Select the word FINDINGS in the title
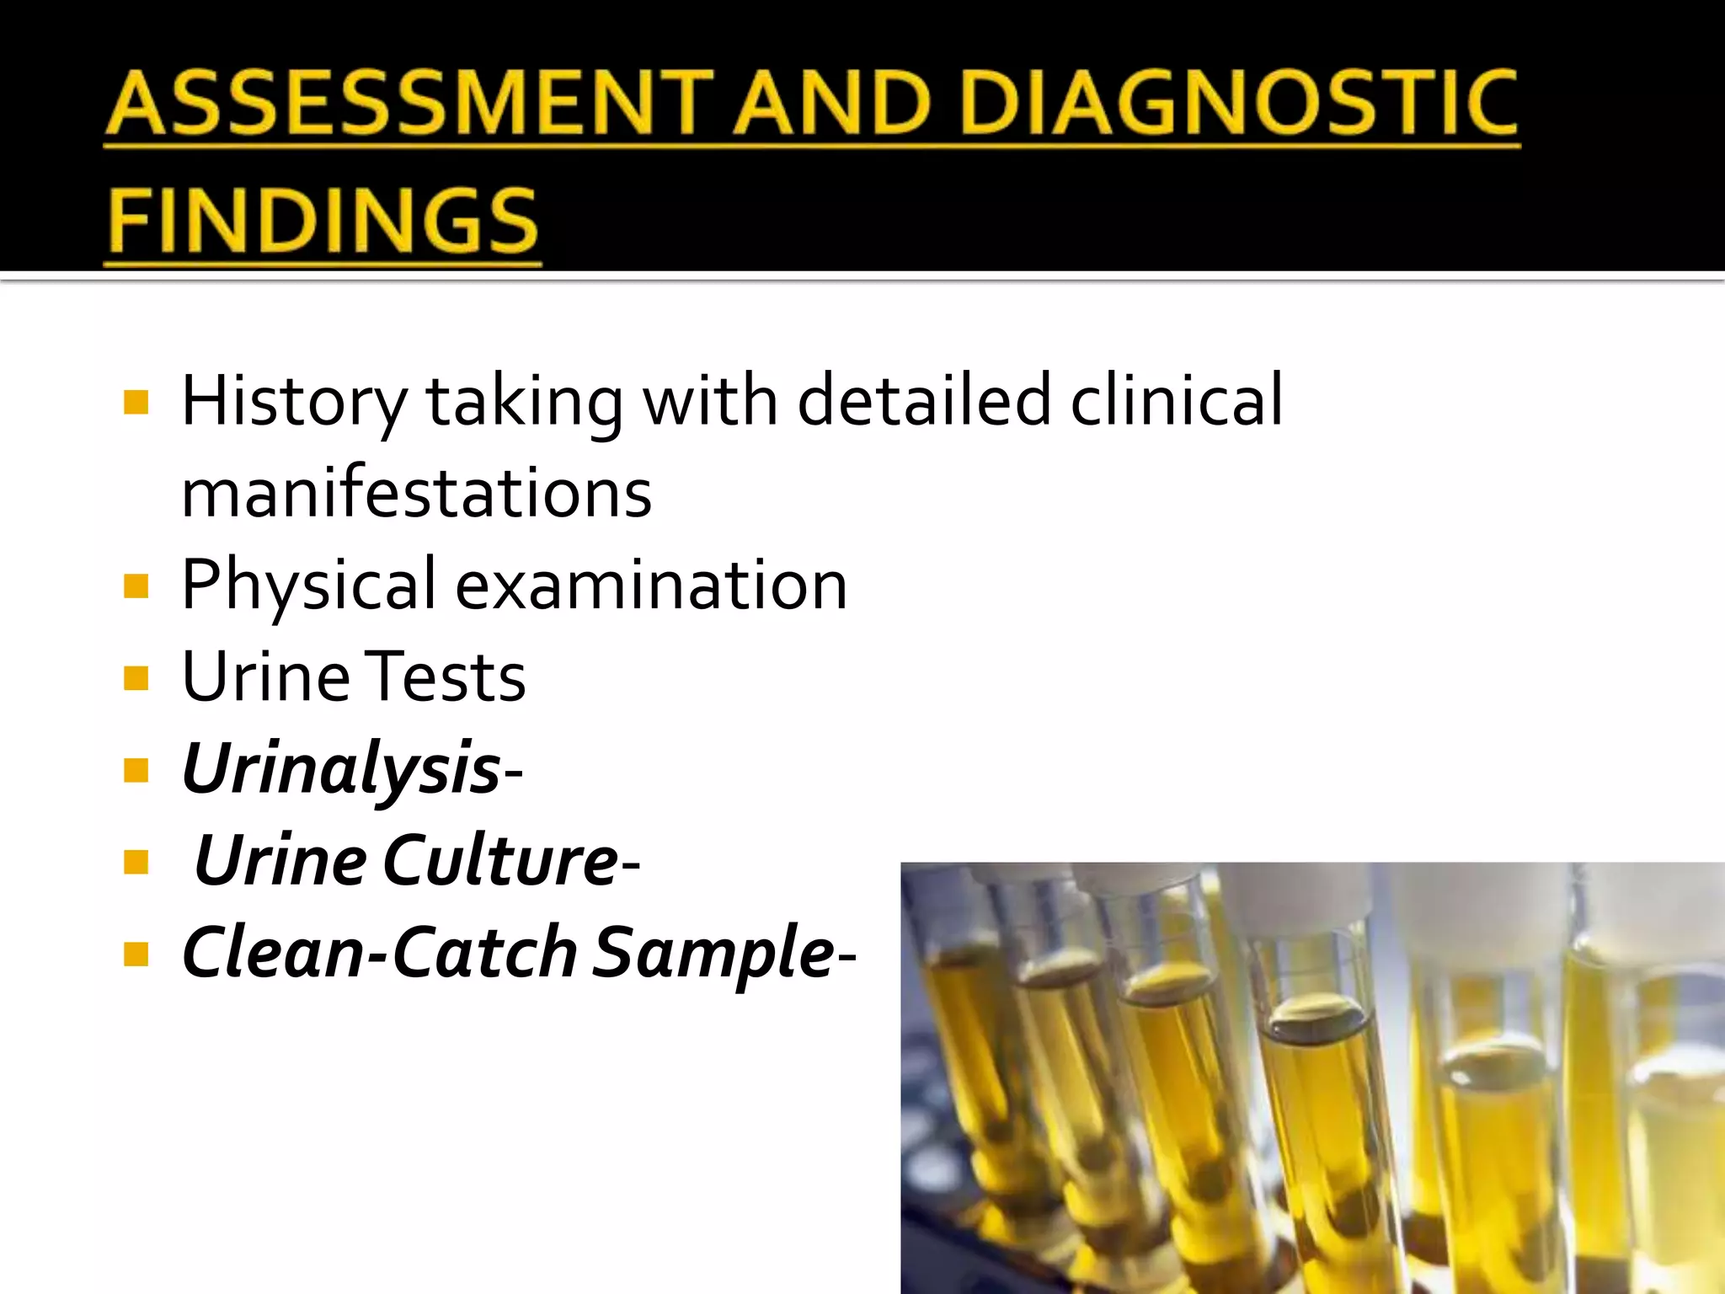pyautogui.click(x=323, y=220)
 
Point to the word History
pyautogui.click(x=294, y=401)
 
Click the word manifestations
pyautogui.click(x=416, y=493)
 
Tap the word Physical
pyautogui.click(x=309, y=586)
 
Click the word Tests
pyautogui.click(x=447, y=677)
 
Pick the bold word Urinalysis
pyautogui.click(x=341, y=769)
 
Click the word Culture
pyautogui.click(x=502, y=861)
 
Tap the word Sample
pyautogui.click(x=713, y=954)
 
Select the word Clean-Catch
pyautogui.click(x=379, y=953)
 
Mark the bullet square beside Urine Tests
pyautogui.click(x=136, y=678)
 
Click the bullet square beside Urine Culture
pyautogui.click(x=136, y=862)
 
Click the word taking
pyautogui.click(x=525, y=403)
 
